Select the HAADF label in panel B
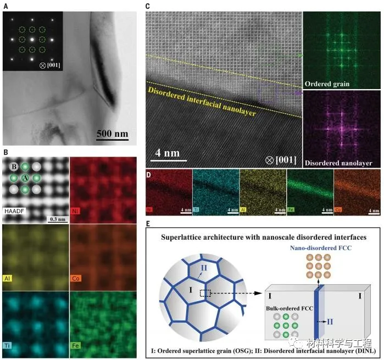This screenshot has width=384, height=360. pyautogui.click(x=15, y=211)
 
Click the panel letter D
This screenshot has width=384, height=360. pyautogui.click(x=148, y=175)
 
